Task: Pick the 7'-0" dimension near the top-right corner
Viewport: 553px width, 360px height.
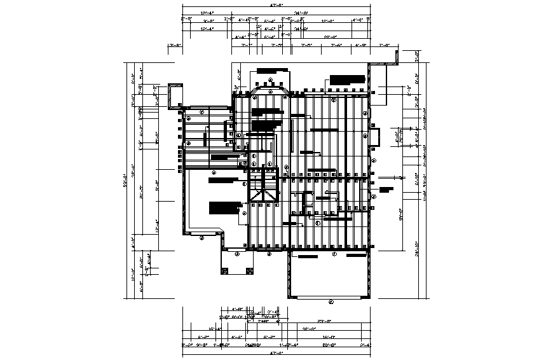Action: (384, 46)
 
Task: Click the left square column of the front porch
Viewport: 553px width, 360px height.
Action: (224, 272)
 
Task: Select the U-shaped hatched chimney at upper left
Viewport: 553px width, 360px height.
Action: (174, 95)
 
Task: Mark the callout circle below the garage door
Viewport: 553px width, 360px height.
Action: (331, 302)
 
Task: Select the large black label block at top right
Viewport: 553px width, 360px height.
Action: (347, 80)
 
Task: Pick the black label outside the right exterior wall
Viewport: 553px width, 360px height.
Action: (386, 189)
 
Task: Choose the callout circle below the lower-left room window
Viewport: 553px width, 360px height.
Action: (201, 238)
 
